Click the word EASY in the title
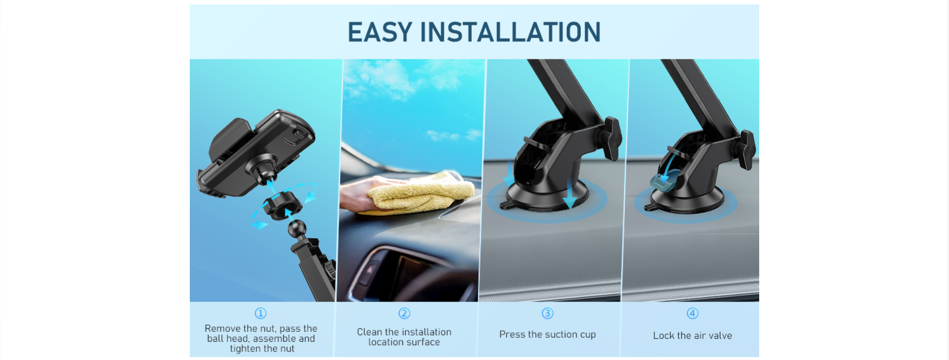tap(380, 32)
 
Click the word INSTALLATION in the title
tap(510, 32)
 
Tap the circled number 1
tap(260, 313)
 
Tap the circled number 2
tap(404, 313)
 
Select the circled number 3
tap(548, 313)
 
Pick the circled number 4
tap(692, 313)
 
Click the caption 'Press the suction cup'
tap(548, 335)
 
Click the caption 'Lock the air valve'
tap(692, 335)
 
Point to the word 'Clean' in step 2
tap(369, 332)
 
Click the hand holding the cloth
tap(363, 193)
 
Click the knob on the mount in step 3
tap(612, 138)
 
